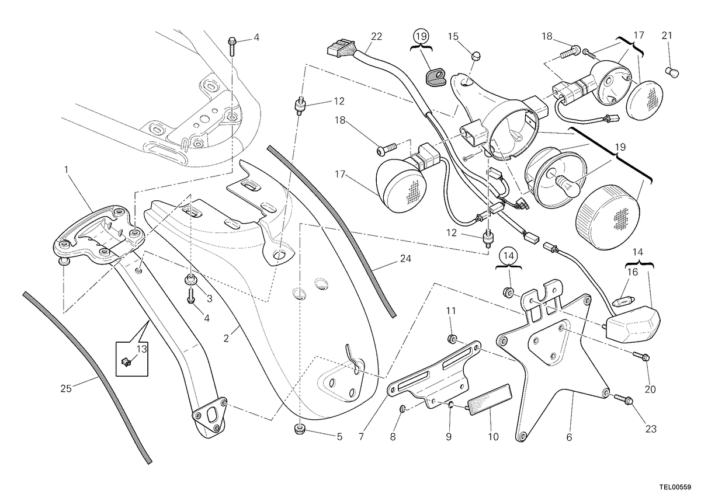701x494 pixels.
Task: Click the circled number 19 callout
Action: [421, 37]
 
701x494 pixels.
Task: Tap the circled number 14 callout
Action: [509, 256]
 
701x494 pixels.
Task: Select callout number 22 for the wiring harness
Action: [376, 37]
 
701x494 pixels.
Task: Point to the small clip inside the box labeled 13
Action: [126, 363]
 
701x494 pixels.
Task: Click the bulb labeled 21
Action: [672, 73]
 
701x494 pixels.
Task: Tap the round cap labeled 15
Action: [476, 57]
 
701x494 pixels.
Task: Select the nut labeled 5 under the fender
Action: [300, 430]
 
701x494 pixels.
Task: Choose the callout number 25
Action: [66, 388]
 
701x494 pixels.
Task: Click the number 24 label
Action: [405, 259]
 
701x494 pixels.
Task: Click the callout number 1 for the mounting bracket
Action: [66, 170]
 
